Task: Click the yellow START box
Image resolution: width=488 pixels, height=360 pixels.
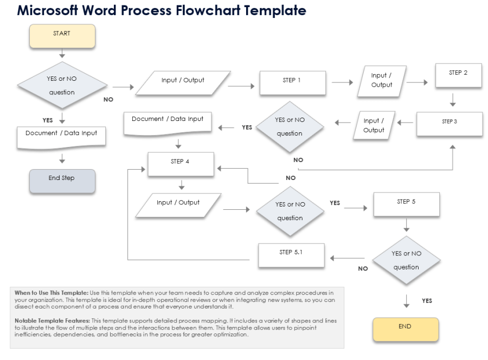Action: (x=62, y=36)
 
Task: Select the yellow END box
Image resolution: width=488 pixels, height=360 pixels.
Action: (x=404, y=329)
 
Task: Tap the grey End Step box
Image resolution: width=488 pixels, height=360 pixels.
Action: (x=62, y=181)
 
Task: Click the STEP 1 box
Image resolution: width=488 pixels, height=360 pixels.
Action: (x=293, y=83)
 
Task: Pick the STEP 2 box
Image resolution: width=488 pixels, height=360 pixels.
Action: (x=459, y=75)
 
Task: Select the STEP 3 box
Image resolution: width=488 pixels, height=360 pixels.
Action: (x=450, y=124)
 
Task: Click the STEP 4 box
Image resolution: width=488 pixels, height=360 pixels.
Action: (x=181, y=163)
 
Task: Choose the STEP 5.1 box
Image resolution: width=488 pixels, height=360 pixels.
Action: (x=291, y=255)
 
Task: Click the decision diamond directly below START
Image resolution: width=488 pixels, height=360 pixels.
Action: (x=62, y=86)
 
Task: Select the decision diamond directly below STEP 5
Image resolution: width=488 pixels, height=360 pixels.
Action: (x=406, y=260)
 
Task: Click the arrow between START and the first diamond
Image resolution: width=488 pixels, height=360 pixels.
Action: (x=62, y=54)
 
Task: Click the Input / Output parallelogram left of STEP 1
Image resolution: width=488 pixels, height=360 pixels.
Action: (x=183, y=83)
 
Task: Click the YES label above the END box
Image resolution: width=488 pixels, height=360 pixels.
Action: (x=427, y=300)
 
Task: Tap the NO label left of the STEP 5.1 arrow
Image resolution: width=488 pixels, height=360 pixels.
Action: (x=363, y=268)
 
